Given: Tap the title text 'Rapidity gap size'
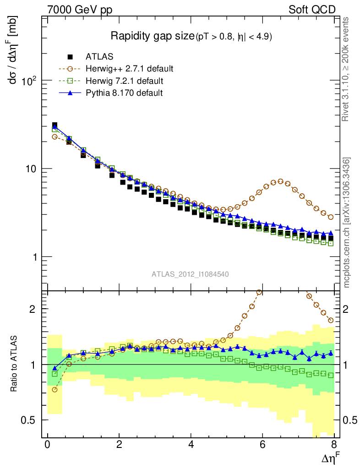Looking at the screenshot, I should (153, 36).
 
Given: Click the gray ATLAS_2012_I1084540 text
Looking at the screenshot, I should (190, 274).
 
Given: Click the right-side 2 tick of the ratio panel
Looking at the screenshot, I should (349, 309).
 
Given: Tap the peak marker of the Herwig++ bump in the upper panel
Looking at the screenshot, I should (281, 181).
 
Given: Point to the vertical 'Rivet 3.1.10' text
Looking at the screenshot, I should (347, 69).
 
